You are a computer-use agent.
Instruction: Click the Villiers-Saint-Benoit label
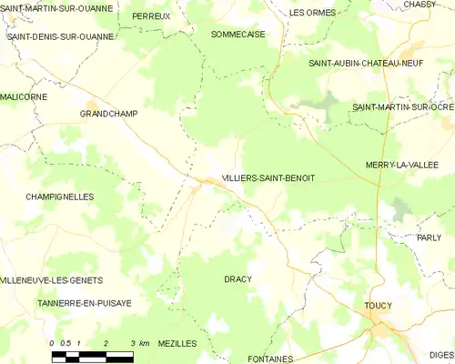tap(268, 178)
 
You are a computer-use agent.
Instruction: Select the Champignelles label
tap(60, 197)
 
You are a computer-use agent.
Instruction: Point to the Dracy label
tap(238, 278)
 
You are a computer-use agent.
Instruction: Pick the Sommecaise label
tap(238, 34)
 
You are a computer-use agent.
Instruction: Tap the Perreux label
tap(151, 16)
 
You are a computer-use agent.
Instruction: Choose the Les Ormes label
tap(312, 13)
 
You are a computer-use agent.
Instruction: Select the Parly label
tap(428, 238)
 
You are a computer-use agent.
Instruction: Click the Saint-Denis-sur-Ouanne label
tap(60, 37)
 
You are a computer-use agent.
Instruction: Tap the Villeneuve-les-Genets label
tap(52, 280)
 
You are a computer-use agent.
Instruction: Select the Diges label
tap(440, 354)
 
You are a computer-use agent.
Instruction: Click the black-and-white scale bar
tap(94, 354)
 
